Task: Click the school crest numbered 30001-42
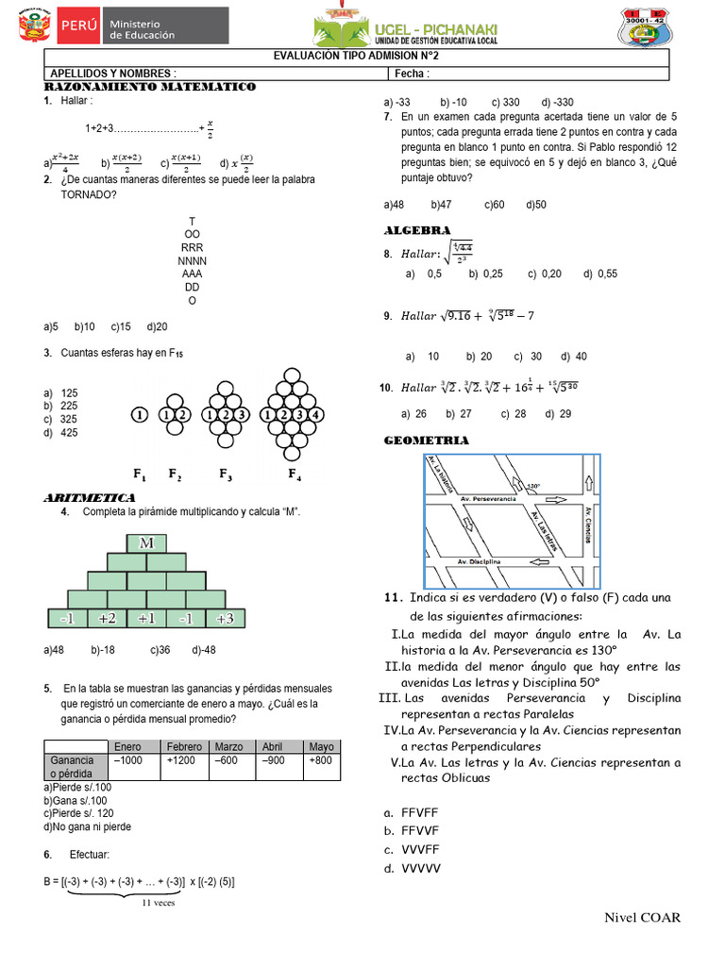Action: [x=658, y=27]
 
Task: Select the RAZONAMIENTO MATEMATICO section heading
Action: [x=150, y=87]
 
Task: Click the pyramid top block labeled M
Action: [x=146, y=543]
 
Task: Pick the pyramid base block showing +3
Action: [x=225, y=619]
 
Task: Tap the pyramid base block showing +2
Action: [x=107, y=619]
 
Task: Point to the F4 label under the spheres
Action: [x=295, y=474]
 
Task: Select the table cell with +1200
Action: [x=184, y=760]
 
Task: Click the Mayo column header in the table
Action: [x=321, y=746]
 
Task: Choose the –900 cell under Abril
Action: [x=272, y=760]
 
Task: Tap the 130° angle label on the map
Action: [x=533, y=487]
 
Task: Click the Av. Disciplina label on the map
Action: [x=480, y=561]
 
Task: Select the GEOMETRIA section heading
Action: [x=426, y=441]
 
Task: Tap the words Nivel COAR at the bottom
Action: [x=642, y=918]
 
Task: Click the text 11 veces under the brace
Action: [x=158, y=903]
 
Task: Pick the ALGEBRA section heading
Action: [x=417, y=230]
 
